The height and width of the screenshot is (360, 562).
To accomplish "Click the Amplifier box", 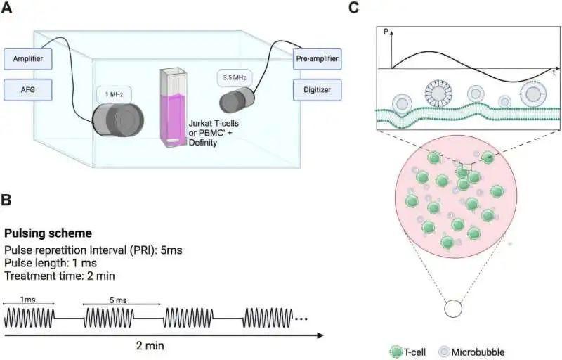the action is [28, 59].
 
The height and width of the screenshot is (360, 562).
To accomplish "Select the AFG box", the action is [28, 89].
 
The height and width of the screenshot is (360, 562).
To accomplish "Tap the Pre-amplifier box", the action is [318, 59].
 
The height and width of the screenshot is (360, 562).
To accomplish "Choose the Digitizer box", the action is [318, 89].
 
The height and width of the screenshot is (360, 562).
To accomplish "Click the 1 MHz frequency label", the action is [114, 95].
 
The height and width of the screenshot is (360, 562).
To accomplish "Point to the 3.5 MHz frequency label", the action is [235, 77].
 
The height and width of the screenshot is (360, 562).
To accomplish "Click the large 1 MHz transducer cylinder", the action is [118, 120].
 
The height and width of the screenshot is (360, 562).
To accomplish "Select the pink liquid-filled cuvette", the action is [174, 108].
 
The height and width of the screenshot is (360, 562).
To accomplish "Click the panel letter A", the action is [6, 7].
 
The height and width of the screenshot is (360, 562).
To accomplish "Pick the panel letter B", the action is [6, 200].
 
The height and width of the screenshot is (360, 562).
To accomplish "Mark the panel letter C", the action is [354, 7].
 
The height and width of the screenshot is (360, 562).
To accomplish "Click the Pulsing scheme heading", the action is [48, 233].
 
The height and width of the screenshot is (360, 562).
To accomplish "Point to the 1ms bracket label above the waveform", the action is [27, 300].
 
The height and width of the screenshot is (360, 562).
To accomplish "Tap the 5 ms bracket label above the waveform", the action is [118, 300].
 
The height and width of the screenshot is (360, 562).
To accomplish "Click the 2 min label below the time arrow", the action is [150, 346].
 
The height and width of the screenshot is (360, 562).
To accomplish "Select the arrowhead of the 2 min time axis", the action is [320, 335].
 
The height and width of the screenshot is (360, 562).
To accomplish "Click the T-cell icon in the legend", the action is [396, 352].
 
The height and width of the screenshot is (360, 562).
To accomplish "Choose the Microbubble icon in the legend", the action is [444, 352].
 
